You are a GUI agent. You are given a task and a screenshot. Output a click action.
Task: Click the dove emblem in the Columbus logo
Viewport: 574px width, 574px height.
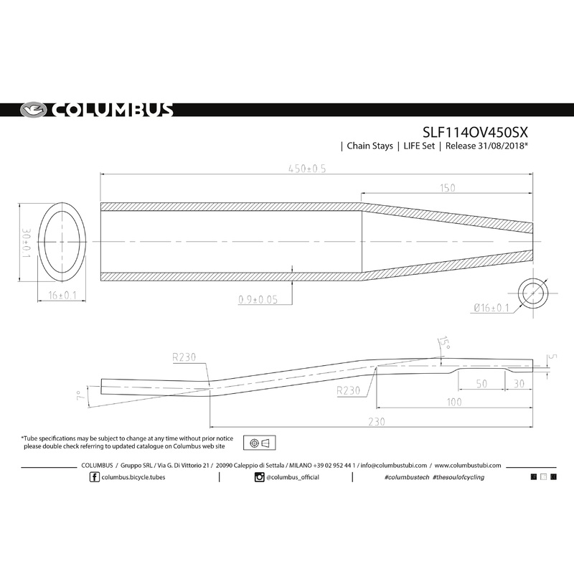[31, 110]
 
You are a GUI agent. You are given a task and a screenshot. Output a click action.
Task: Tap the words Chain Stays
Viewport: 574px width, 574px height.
[370, 146]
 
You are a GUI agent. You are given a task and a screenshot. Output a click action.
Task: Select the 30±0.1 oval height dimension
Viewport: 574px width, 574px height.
[26, 244]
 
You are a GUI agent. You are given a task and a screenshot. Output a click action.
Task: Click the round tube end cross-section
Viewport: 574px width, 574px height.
[533, 294]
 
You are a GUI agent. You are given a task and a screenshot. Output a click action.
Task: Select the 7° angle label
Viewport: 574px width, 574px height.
[77, 394]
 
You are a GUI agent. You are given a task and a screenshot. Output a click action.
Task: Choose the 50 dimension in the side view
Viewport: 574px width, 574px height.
[481, 385]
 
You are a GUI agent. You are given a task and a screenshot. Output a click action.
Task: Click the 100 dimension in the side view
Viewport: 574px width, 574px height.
[453, 403]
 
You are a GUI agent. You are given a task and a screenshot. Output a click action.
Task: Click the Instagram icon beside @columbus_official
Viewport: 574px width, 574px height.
[259, 477]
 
